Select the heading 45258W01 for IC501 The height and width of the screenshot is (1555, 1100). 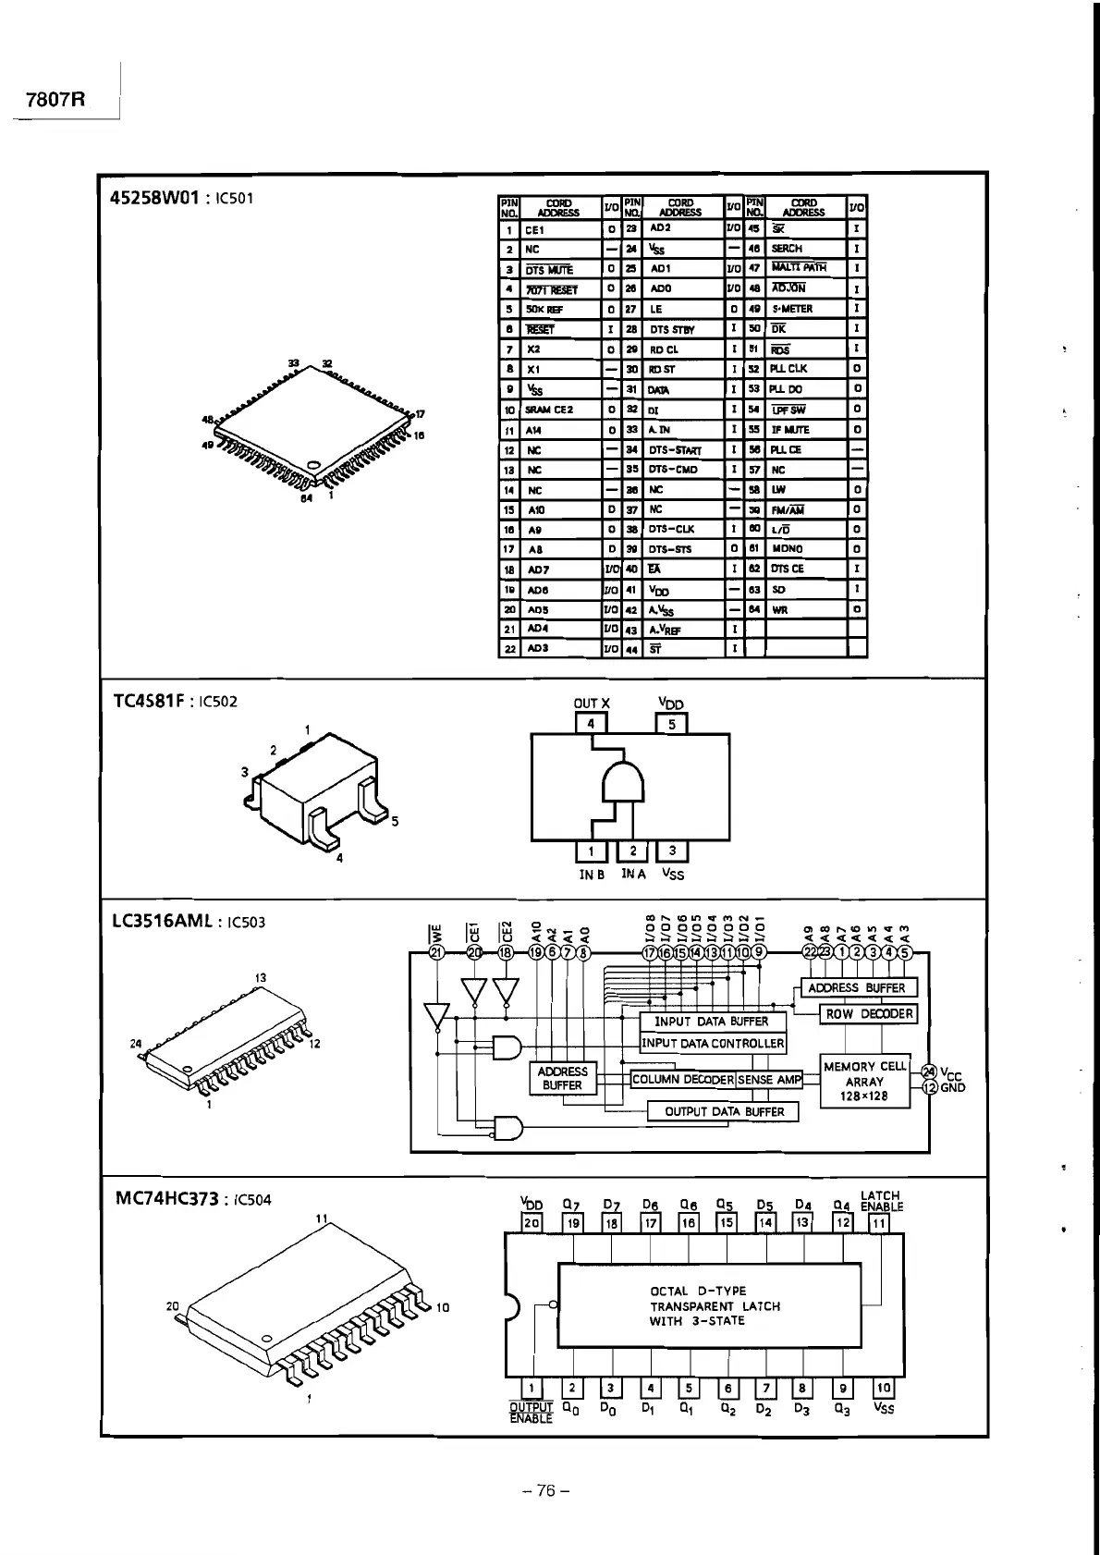point(154,198)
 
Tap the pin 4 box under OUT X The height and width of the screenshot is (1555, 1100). point(592,724)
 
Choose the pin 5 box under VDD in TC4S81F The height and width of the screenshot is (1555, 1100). point(672,724)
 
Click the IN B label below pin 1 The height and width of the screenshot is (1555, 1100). point(592,875)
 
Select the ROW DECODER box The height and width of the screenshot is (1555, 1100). point(869,1014)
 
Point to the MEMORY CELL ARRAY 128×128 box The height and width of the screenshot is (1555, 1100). point(864,1081)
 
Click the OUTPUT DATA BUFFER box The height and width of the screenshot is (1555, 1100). point(724,1112)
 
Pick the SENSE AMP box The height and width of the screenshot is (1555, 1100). point(769,1080)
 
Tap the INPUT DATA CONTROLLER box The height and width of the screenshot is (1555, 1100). point(713,1044)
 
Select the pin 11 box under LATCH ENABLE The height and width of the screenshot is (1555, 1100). point(879,1223)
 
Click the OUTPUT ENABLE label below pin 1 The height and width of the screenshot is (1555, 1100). point(531,1413)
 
